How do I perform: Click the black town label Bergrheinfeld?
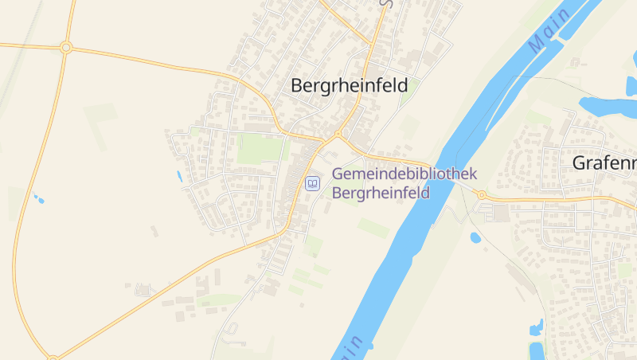(350, 85)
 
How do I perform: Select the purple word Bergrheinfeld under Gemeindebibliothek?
(381, 193)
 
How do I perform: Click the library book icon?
(313, 184)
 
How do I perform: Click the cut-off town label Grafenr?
(604, 163)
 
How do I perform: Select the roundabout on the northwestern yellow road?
(66, 48)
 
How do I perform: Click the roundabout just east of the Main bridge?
(481, 195)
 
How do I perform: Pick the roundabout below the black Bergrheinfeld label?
(338, 134)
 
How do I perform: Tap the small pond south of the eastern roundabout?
(475, 237)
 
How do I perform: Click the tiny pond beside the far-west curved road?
(37, 198)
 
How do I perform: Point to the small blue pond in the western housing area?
(178, 175)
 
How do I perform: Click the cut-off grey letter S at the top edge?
(385, 3)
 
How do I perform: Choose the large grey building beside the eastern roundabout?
(501, 213)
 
